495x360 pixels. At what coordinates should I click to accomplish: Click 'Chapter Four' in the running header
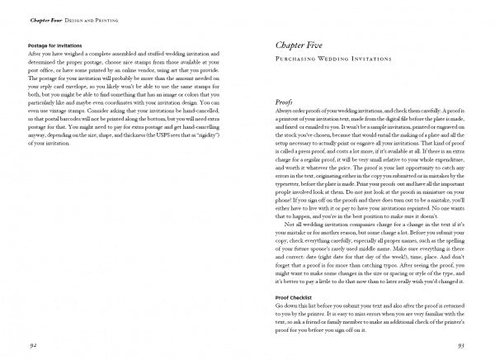coord(45,17)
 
